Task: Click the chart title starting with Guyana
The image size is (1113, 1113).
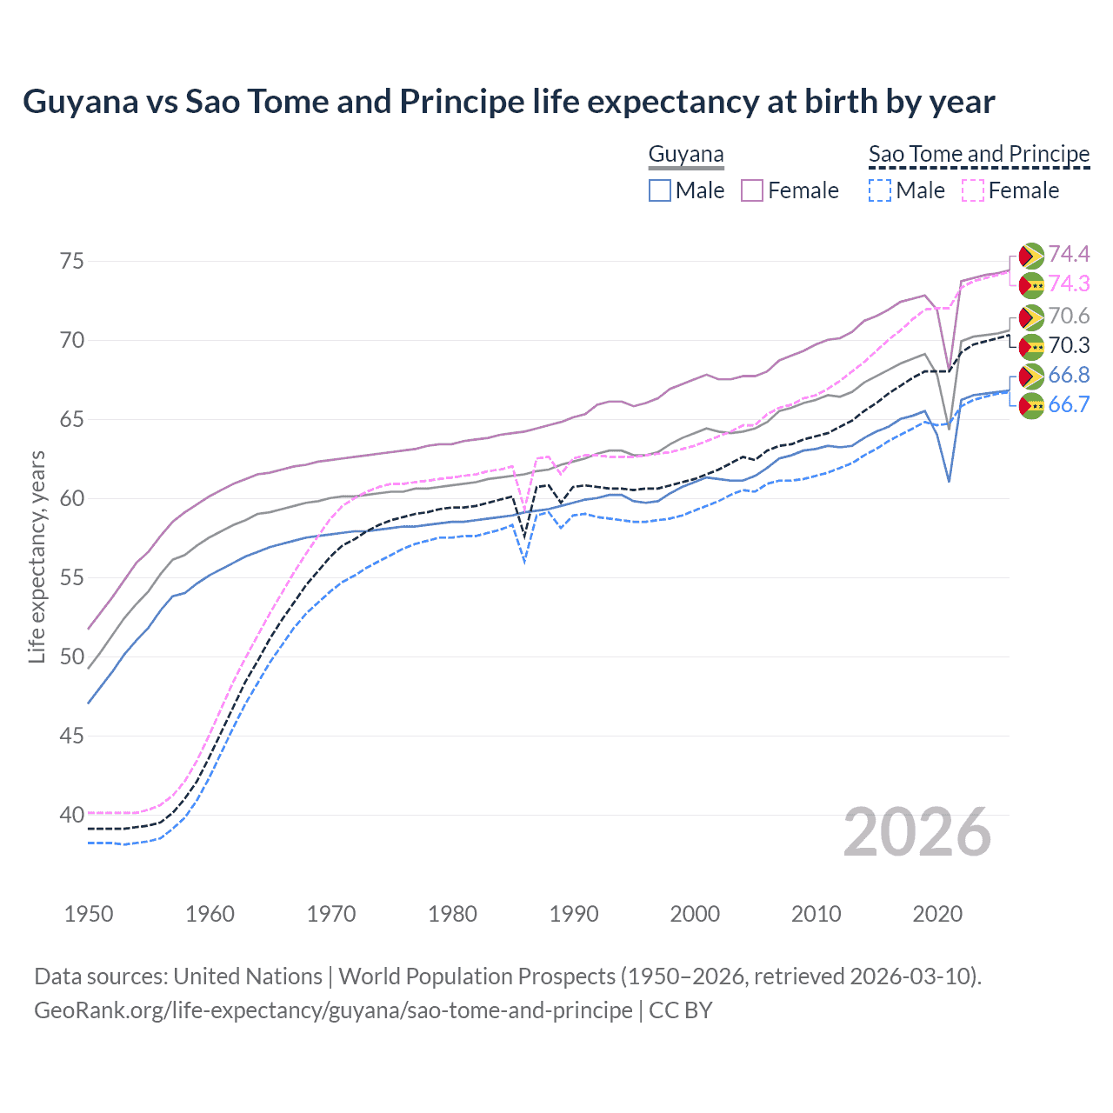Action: (509, 102)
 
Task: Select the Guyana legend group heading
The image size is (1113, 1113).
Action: (686, 155)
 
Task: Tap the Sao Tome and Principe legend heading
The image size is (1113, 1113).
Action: (979, 155)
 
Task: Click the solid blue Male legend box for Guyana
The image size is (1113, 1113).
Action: (660, 190)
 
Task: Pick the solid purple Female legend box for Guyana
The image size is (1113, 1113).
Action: (752, 190)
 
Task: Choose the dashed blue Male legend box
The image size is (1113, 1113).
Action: (880, 190)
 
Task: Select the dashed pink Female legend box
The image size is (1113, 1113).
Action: (973, 190)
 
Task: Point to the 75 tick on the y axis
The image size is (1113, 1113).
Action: (72, 261)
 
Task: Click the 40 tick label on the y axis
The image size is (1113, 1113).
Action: (72, 815)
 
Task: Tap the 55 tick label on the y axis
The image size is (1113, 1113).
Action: (72, 577)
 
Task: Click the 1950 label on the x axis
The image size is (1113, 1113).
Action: (89, 914)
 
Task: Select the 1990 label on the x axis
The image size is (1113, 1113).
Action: (574, 914)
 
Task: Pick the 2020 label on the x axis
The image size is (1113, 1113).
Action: (937, 914)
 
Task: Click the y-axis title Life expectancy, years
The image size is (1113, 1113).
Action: (37, 556)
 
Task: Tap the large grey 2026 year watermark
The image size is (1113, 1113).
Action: (917, 832)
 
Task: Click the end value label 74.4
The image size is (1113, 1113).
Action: (1069, 254)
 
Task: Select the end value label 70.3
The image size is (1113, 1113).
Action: (1069, 345)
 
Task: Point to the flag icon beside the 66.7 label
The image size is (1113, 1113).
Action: (1031, 405)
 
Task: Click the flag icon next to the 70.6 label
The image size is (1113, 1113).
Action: (1031, 317)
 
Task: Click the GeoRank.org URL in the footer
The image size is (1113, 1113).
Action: (333, 1010)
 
